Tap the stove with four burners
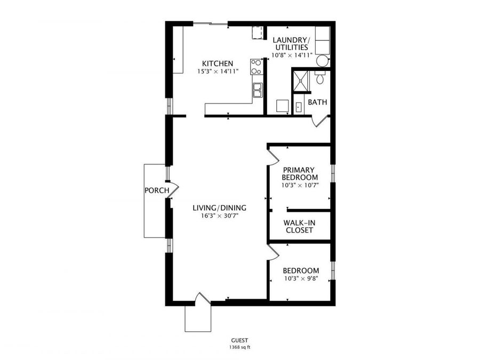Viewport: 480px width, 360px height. point(257,67)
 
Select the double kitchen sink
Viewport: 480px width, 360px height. point(257,90)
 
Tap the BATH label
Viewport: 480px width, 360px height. point(317,102)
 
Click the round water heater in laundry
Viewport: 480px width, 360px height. point(322,61)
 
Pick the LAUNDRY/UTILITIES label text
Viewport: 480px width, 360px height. point(291,43)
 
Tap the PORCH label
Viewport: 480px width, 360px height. point(156,190)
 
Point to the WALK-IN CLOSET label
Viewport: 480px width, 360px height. point(298,227)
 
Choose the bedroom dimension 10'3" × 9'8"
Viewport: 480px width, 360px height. point(300,278)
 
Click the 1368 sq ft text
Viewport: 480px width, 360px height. point(239,347)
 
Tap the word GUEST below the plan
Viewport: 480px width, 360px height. point(239,340)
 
